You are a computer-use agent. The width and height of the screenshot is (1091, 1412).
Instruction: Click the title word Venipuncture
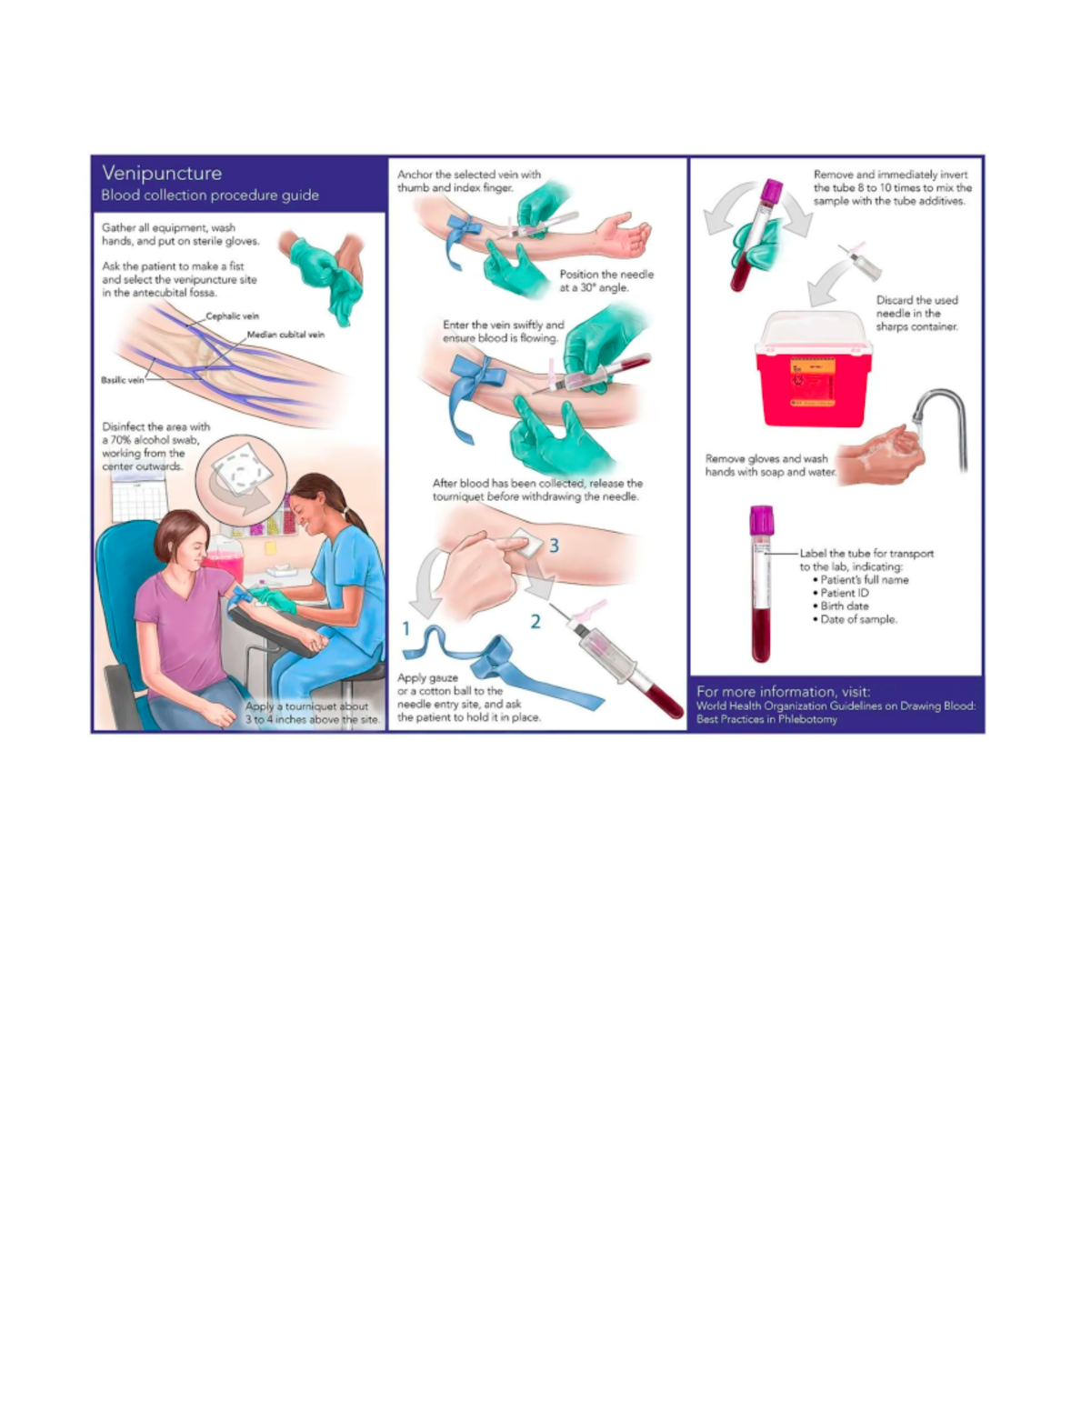click(162, 173)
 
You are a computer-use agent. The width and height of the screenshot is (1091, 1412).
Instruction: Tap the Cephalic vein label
click(232, 316)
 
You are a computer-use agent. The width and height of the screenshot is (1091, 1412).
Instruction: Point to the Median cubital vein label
click(285, 335)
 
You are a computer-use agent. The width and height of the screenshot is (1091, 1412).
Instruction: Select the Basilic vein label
click(122, 380)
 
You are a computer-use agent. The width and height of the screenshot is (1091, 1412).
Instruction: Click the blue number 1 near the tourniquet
click(406, 628)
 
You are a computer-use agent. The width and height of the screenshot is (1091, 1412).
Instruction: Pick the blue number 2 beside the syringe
click(535, 621)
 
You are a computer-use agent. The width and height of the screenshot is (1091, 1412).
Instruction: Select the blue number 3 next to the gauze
click(553, 546)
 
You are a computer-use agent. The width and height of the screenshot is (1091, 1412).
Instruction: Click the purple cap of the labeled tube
click(761, 520)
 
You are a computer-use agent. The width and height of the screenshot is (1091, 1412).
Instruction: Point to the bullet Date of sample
click(858, 619)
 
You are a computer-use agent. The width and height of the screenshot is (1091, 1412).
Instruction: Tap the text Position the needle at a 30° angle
click(606, 280)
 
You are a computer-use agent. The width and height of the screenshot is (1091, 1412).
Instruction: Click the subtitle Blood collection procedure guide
click(210, 195)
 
